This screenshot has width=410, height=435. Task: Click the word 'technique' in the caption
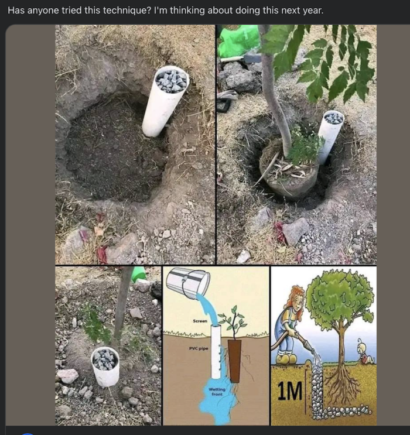[122, 11]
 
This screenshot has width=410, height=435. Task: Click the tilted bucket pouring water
[188, 282]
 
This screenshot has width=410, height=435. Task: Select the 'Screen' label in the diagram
[200, 321]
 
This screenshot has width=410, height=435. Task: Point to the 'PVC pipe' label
[199, 348]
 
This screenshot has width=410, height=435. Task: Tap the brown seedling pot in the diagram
[235, 360]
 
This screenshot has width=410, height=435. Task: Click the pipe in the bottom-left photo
[106, 366]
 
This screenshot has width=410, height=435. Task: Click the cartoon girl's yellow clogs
[286, 358]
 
